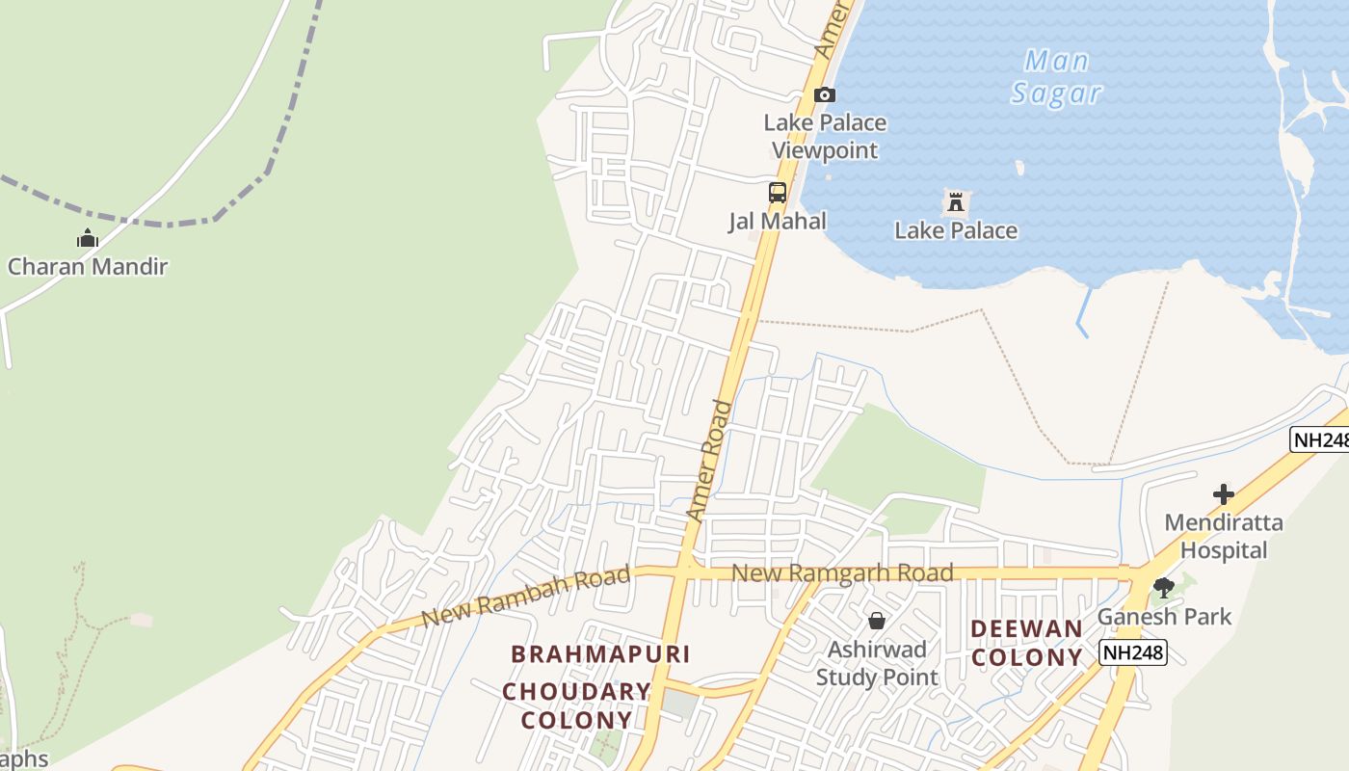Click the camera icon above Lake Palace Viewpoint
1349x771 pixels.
tap(825, 94)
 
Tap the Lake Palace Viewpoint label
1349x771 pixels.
tap(825, 137)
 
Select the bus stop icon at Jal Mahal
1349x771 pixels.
tap(778, 192)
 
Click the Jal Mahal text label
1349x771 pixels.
tap(778, 221)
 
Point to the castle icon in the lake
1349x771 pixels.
tap(956, 202)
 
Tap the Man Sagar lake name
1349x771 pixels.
tap(1056, 77)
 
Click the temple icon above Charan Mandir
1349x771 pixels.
tap(88, 238)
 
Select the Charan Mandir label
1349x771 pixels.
tap(88, 267)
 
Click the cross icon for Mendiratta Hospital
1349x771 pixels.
tap(1224, 494)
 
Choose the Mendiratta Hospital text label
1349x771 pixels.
tap(1224, 537)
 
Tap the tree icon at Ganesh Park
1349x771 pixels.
tap(1164, 587)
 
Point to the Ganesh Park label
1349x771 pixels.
tap(1164, 616)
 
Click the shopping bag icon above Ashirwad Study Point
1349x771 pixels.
tap(877, 621)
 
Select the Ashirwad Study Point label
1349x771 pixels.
tap(877, 663)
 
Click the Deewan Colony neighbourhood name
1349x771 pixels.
tap(1026, 643)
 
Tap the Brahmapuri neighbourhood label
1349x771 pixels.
tap(600, 654)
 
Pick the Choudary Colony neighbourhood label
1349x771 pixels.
tap(576, 705)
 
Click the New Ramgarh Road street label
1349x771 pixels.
tap(842, 573)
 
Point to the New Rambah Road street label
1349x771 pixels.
tap(526, 597)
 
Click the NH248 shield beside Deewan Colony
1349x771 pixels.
tap(1133, 653)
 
